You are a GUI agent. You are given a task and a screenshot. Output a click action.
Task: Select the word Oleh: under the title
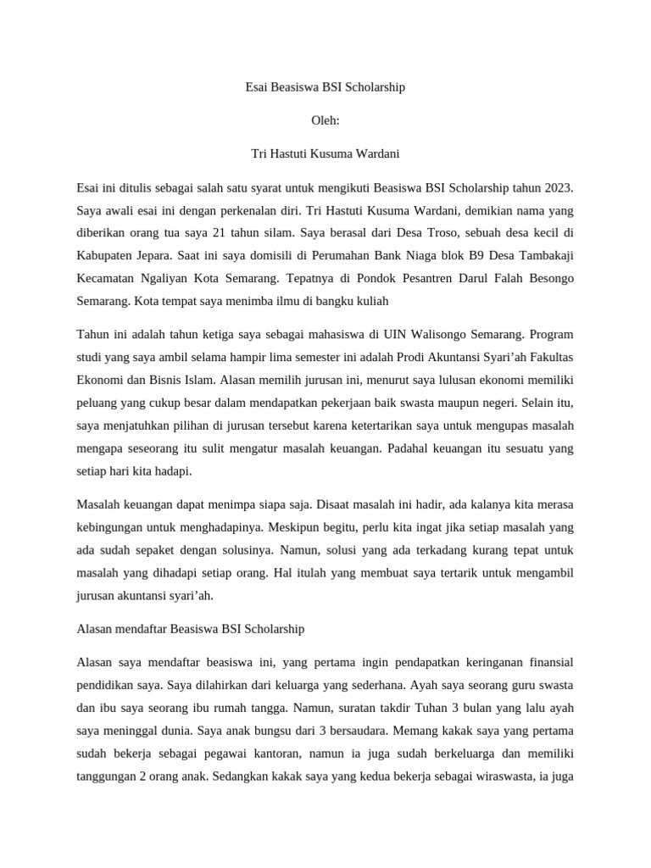[325, 120]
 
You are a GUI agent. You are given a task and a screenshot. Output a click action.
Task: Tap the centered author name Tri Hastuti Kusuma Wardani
[325, 153]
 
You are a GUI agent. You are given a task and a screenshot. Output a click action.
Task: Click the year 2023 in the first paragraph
[558, 186]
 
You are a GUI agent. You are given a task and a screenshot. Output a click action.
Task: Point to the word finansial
[547, 662]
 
